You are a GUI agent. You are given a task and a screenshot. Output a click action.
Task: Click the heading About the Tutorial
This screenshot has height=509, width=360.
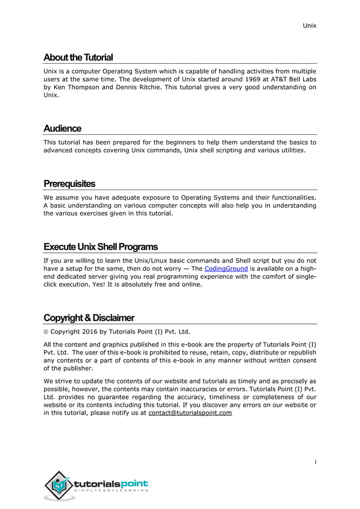point(78,58)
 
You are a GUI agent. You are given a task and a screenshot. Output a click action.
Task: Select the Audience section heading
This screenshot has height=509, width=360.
point(62,129)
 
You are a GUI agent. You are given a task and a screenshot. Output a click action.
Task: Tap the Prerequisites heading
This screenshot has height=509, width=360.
point(69,184)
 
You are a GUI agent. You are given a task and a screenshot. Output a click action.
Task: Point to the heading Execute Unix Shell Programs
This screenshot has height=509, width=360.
point(100,247)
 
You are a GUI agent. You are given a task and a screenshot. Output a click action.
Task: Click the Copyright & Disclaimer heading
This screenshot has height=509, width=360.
point(89,318)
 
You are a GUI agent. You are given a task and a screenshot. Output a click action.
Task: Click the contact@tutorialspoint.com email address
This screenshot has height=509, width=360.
point(190,413)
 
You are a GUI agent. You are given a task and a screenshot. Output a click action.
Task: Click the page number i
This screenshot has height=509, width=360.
point(315,462)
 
